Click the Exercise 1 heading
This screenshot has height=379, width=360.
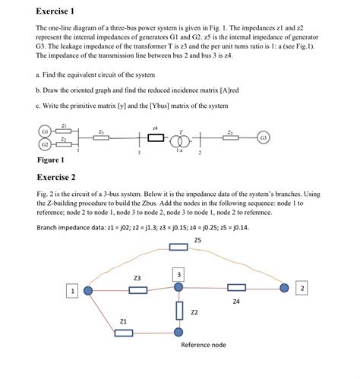pos(55,11)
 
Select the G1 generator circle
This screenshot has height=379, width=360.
pos(46,131)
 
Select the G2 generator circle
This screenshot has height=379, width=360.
pos(46,144)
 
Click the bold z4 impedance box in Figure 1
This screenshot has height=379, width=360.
pos(156,138)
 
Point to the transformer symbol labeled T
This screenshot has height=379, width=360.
pos(178,138)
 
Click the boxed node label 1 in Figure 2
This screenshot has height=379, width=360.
pos(73,290)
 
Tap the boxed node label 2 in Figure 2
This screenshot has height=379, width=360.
pos(302,289)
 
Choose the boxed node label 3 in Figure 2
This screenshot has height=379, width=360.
pos(178,273)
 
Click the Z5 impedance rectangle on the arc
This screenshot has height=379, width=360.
pos(179,246)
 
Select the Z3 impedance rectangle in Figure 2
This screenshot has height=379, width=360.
pos(137,289)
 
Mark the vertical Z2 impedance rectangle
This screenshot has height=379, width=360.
pos(179,310)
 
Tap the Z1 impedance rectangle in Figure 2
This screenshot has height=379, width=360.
pos(123,332)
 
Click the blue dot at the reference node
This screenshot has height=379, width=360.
pos(178,332)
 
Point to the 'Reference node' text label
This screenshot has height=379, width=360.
pos(203,345)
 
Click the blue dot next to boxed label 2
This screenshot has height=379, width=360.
pos(284,289)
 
